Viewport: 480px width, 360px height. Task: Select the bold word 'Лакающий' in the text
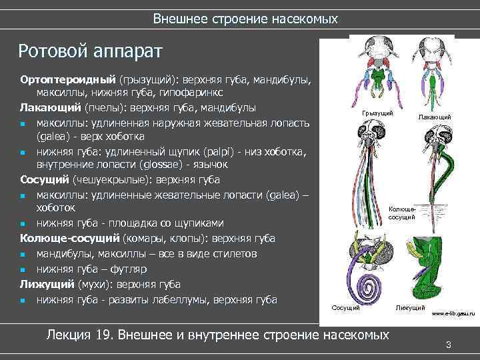pyautogui.click(x=50, y=107)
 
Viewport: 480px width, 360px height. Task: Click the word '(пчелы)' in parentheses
pyautogui.click(x=103, y=107)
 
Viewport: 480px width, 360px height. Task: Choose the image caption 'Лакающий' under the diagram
pyautogui.click(x=434, y=117)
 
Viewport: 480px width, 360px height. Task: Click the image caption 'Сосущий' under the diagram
pyautogui.click(x=345, y=307)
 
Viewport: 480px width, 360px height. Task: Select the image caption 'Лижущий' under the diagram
pyautogui.click(x=411, y=307)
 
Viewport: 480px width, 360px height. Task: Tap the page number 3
pyautogui.click(x=449, y=345)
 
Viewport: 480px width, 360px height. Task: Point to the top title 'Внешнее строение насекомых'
pyautogui.click(x=245, y=19)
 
